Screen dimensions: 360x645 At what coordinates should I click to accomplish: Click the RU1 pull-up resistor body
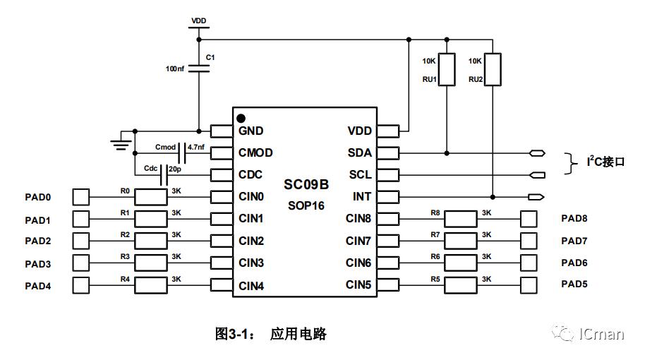point(447,69)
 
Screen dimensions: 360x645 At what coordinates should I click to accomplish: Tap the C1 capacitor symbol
point(199,68)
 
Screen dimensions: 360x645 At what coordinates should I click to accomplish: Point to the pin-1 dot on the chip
point(241,118)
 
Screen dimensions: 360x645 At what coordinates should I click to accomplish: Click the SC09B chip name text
point(306,185)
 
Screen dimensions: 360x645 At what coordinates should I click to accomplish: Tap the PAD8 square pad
point(529,219)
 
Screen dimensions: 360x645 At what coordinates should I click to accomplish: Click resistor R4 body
point(150,286)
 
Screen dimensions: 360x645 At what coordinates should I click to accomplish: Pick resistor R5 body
point(460,285)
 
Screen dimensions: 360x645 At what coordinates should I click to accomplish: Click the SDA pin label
point(359,152)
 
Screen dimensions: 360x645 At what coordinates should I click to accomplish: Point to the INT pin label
point(362,196)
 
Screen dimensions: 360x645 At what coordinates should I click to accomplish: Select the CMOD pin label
point(255,152)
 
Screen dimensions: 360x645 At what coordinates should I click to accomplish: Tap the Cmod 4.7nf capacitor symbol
point(183,152)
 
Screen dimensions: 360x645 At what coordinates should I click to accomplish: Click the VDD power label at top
point(199,21)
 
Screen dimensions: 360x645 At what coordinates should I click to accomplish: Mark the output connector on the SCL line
point(537,175)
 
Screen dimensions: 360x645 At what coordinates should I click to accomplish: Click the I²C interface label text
point(605,162)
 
